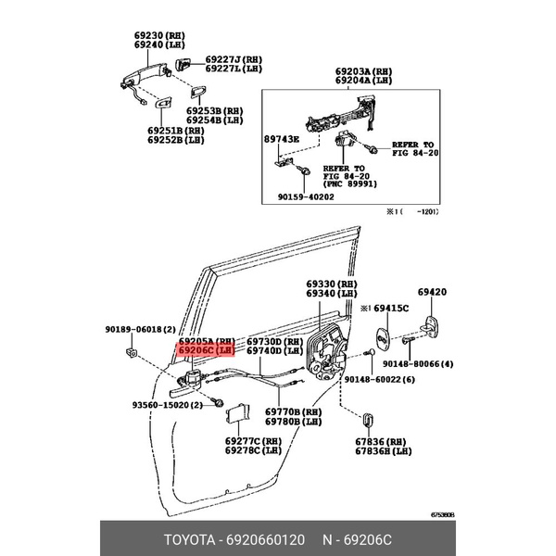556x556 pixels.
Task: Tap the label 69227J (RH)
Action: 234,58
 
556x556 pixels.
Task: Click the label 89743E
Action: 282,138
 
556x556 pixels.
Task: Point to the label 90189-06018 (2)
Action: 134,329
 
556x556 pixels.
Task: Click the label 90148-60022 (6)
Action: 376,378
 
